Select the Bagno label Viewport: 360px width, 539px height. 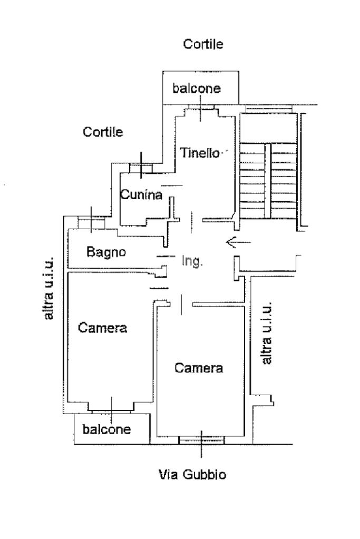tap(106, 252)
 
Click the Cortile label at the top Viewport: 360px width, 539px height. tap(203, 45)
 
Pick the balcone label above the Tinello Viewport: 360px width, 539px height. tap(197, 88)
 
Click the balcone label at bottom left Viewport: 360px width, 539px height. tap(106, 429)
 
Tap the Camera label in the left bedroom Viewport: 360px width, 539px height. tap(103, 328)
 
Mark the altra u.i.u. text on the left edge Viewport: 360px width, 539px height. tap(49, 288)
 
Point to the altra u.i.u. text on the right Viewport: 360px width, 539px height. tap(267, 332)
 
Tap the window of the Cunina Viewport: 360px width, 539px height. tap(141, 168)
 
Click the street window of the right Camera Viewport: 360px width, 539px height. tap(201, 439)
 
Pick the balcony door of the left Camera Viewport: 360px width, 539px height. tap(111, 406)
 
